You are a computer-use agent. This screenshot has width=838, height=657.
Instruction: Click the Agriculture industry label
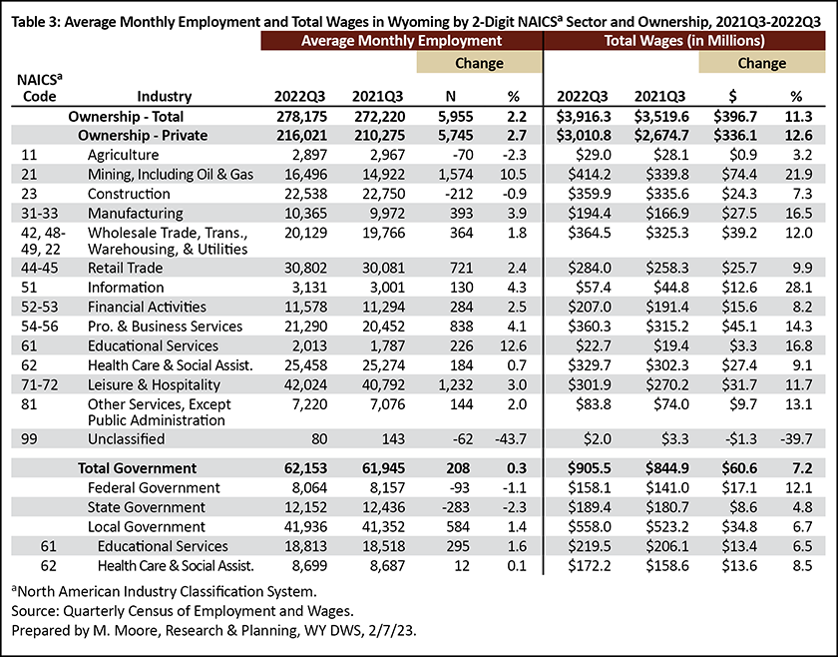pyautogui.click(x=123, y=155)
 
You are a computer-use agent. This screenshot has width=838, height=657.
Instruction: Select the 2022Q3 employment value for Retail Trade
pyautogui.click(x=302, y=268)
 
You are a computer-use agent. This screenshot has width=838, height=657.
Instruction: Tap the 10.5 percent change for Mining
pyautogui.click(x=513, y=175)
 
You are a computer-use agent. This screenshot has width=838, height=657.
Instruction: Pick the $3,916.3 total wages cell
pyautogui.click(x=584, y=117)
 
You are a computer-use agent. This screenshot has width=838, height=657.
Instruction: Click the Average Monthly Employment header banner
pyautogui.click(x=401, y=41)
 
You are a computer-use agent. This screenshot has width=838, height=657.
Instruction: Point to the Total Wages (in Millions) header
pyautogui.click(x=684, y=41)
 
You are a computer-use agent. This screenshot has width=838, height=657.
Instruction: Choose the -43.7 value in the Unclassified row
pyautogui.click(x=511, y=439)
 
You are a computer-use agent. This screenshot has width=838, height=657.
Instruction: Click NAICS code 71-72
pyautogui.click(x=40, y=385)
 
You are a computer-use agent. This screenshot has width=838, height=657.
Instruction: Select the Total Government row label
pyautogui.click(x=138, y=468)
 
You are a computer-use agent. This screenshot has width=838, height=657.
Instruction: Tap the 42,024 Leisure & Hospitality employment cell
pyautogui.click(x=302, y=385)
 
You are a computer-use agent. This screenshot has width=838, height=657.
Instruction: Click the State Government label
pyautogui.click(x=147, y=508)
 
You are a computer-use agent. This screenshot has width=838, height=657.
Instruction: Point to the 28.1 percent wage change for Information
pyautogui.click(x=798, y=288)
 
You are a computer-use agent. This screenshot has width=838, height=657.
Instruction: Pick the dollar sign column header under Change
pyautogui.click(x=733, y=96)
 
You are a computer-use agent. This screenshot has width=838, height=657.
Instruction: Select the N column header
pyautogui.click(x=451, y=96)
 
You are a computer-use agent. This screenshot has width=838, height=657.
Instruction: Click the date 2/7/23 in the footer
pyautogui.click(x=392, y=631)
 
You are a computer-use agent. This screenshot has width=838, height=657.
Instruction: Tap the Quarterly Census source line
pyautogui.click(x=183, y=611)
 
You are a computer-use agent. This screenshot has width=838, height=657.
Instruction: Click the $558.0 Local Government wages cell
pyautogui.click(x=590, y=527)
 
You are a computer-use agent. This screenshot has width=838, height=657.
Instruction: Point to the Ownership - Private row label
pyautogui.click(x=143, y=136)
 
